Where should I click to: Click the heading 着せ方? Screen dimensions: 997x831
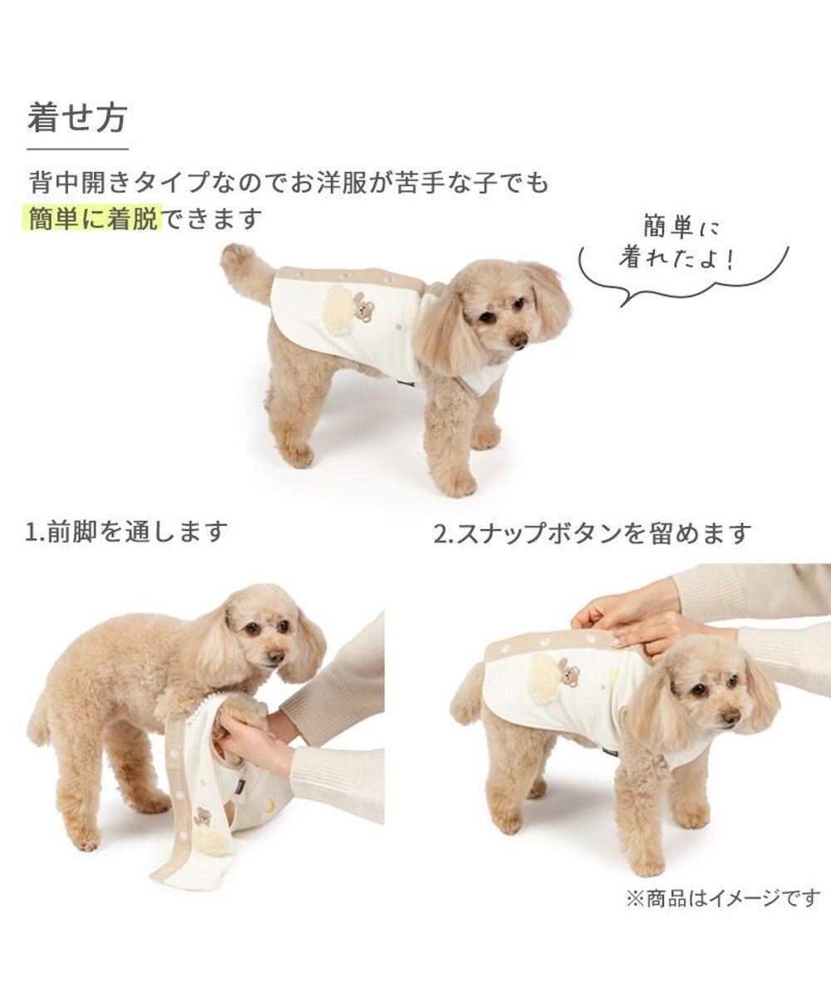tap(76, 118)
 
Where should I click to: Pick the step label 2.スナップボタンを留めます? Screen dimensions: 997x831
tap(592, 533)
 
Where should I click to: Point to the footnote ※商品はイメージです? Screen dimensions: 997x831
tap(721, 899)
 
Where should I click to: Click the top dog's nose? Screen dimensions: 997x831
tap(519, 341)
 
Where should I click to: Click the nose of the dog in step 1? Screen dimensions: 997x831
tap(276, 656)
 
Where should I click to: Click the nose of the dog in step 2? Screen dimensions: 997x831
tap(730, 716)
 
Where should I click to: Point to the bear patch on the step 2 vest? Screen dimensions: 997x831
tap(569, 671)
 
